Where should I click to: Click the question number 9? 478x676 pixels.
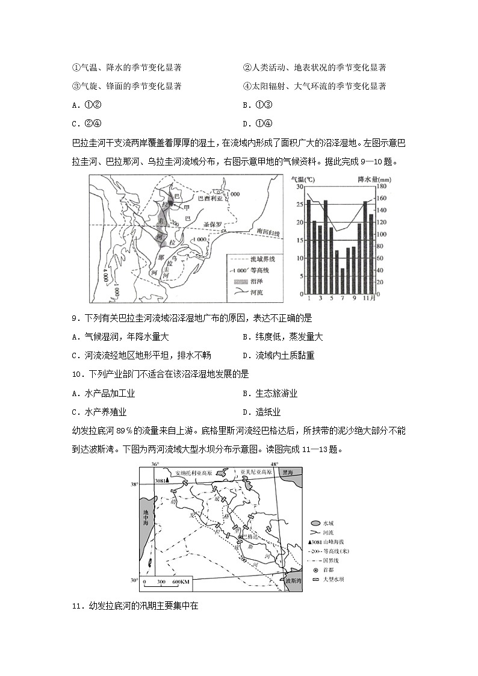pyautogui.click(x=75, y=318)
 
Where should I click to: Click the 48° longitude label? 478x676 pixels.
pyautogui.click(x=274, y=464)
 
